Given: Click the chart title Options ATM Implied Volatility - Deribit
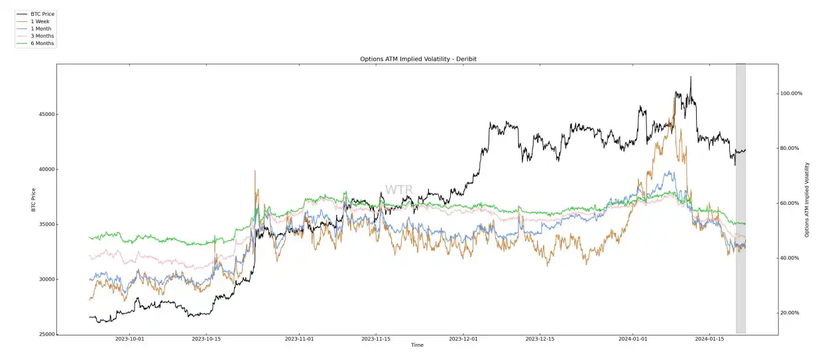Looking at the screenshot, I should click(418, 59).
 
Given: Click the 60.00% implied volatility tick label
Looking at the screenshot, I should click(790, 203).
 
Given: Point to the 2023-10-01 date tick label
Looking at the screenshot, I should click(130, 339).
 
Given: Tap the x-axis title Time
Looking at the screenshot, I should click(417, 345).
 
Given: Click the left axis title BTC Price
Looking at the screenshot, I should click(33, 199).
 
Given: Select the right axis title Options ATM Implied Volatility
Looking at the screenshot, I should click(807, 199).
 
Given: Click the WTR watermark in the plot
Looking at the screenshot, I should click(399, 190).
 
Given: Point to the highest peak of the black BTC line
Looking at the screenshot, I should click(690, 77).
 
